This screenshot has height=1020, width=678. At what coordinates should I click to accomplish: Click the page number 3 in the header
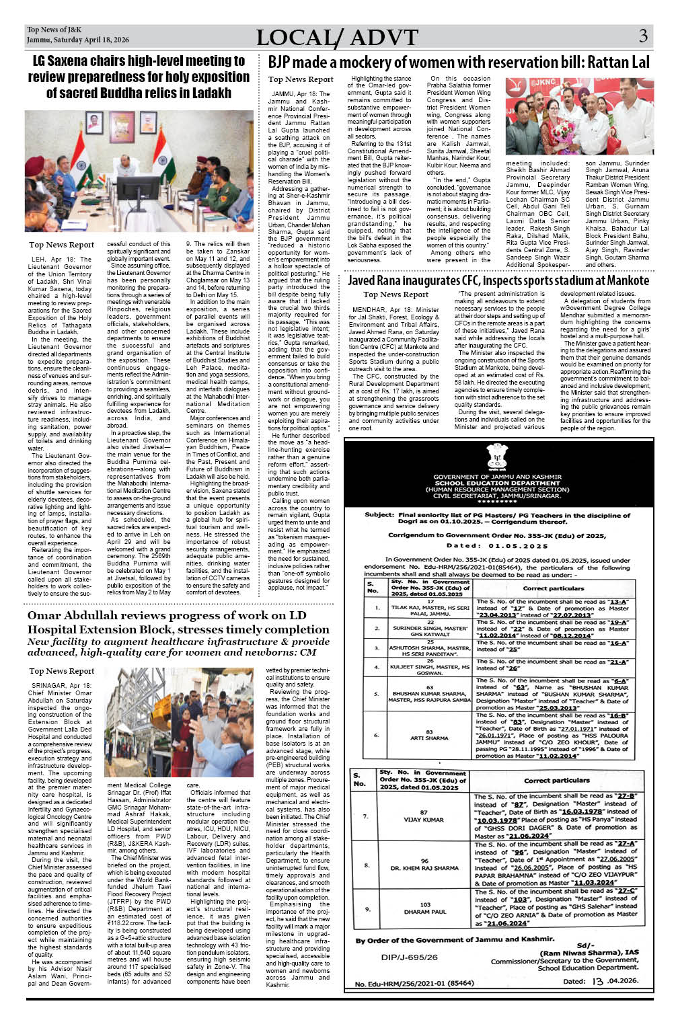(x=643, y=36)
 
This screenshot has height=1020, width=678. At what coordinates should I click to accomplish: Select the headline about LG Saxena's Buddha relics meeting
(x=139, y=77)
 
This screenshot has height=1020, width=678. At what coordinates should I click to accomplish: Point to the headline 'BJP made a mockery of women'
(x=459, y=63)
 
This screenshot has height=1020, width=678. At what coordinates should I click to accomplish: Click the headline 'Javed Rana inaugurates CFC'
(x=498, y=280)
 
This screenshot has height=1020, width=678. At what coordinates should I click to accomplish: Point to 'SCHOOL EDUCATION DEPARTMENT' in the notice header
(x=497, y=483)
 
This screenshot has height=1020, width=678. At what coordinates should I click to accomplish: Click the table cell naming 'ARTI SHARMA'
(x=429, y=734)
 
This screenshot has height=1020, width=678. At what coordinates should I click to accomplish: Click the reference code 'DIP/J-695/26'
(x=409, y=957)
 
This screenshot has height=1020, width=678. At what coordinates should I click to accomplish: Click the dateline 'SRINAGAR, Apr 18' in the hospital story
(x=61, y=685)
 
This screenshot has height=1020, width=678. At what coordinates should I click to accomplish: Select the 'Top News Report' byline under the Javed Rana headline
(x=396, y=294)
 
